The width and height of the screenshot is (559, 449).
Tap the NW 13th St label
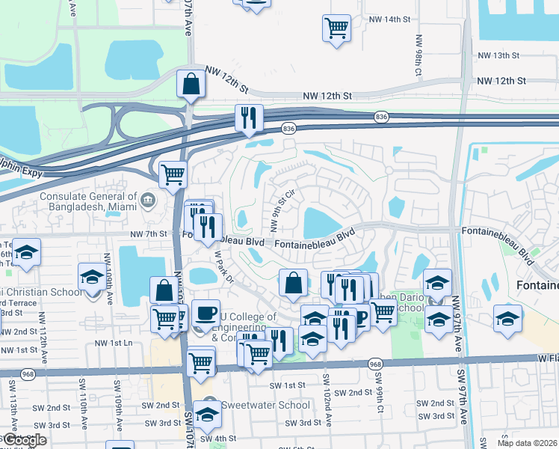(498, 55)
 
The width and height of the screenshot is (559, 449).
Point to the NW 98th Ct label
(418, 52)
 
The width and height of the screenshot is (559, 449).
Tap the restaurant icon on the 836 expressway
(249, 117)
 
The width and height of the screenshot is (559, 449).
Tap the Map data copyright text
(528, 442)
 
